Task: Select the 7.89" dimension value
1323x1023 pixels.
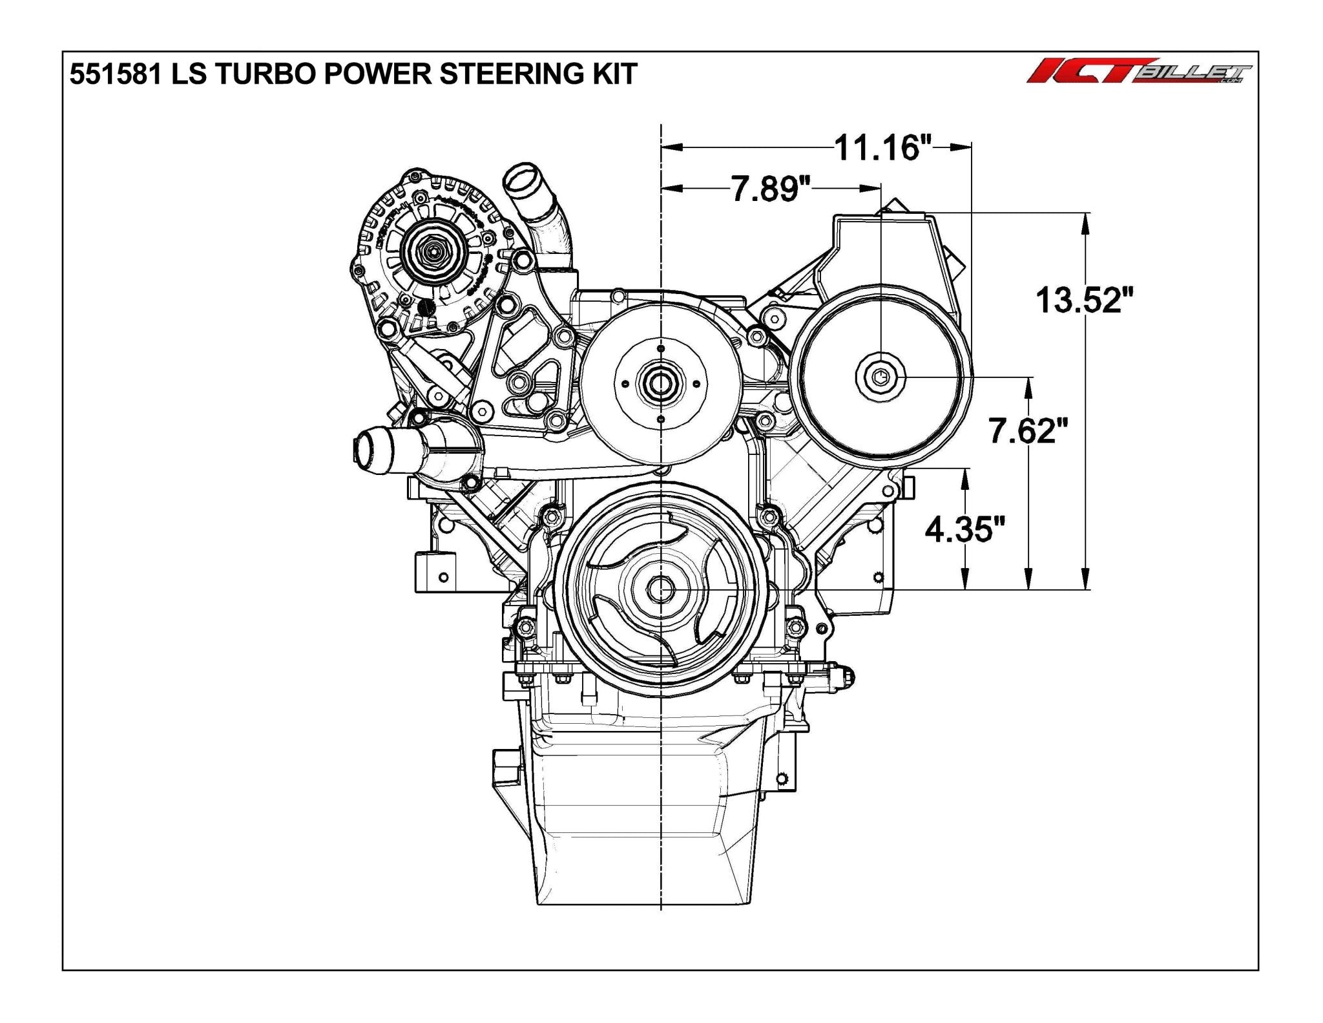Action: [771, 189]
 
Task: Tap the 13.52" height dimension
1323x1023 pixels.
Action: [1085, 300]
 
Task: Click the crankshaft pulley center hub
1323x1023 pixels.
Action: [661, 589]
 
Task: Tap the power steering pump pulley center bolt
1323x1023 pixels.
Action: [881, 375]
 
